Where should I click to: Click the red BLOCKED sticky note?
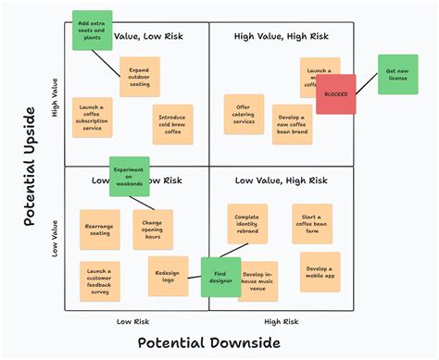tap(335, 94)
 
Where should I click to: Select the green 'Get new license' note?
tap(396, 74)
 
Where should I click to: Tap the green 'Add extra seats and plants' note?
tap(92, 31)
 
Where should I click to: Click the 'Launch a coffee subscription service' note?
tap(92, 118)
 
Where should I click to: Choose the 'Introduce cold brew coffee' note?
tap(172, 123)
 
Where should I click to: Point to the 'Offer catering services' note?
tap(244, 113)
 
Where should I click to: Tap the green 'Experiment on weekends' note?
tap(129, 176)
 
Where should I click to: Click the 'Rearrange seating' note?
tap(99, 229)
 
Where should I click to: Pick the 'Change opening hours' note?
tap(153, 230)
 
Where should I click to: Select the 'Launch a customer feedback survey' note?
tap(99, 280)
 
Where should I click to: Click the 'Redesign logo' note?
tap(168, 275)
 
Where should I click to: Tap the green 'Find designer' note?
tap(220, 277)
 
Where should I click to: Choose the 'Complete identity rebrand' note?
tap(247, 223)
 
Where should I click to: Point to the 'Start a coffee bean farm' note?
tap(312, 224)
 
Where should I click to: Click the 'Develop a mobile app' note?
tap(320, 271)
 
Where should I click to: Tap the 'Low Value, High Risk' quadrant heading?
tap(281, 180)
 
